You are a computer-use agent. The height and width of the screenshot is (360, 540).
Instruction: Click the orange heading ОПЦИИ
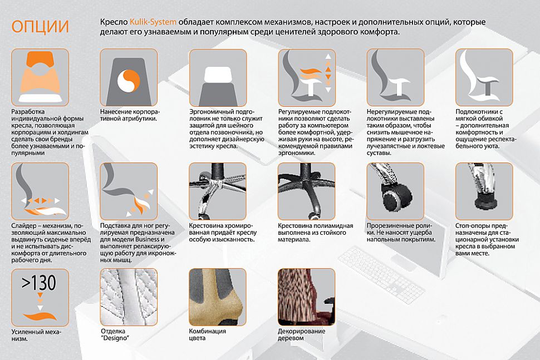pos(40,27)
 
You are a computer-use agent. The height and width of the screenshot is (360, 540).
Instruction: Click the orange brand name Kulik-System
pos(153,22)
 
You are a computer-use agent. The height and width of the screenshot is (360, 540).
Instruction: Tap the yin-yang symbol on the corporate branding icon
pos(129,81)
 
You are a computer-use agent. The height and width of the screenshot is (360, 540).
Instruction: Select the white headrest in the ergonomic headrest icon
pos(218,75)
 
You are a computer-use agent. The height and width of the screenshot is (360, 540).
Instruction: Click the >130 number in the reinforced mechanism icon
pos(39,283)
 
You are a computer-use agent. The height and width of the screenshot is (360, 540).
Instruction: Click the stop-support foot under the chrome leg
pos(486,203)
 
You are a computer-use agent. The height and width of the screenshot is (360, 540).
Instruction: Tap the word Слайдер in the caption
pos(24,226)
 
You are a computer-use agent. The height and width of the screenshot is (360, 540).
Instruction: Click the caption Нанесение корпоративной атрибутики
pos(130,115)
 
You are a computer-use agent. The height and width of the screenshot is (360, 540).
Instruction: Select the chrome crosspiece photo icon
pos(218,191)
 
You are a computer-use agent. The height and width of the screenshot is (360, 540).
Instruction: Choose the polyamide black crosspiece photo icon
pos(307,191)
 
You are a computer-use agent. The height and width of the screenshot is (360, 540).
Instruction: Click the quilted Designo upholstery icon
pos(129,297)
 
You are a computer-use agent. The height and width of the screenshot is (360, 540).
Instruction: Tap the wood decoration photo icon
pos(307,297)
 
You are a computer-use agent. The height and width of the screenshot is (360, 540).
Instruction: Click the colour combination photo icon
pos(218,297)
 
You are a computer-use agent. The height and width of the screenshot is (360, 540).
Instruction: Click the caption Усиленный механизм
pos(36,335)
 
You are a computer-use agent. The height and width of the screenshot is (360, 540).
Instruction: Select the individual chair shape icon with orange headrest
pos(40,77)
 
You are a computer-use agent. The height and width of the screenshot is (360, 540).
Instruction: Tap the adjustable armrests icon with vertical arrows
pos(307,77)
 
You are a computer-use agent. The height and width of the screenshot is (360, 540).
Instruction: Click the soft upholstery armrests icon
pos(484,77)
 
